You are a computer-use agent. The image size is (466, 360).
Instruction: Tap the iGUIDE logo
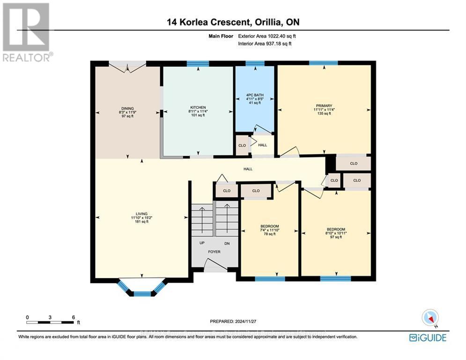click(x=427, y=337)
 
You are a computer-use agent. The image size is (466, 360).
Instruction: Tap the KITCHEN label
click(x=198, y=107)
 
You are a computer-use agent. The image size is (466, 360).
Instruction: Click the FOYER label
click(x=214, y=252)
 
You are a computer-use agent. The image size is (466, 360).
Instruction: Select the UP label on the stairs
click(x=202, y=243)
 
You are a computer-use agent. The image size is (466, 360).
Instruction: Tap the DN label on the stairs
click(x=227, y=243)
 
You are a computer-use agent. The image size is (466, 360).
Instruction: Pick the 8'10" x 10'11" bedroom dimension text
click(x=336, y=232)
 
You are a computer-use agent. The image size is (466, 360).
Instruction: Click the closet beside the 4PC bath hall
click(x=242, y=145)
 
